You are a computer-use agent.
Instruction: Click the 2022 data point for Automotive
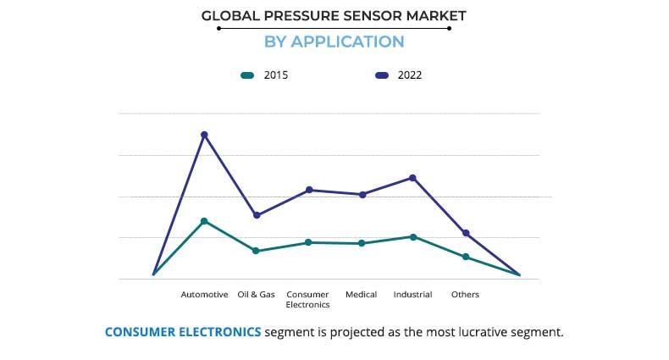point(204,135)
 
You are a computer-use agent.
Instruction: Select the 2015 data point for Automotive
point(204,221)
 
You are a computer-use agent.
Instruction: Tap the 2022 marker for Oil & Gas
point(257,215)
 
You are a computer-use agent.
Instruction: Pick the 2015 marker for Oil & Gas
point(257,251)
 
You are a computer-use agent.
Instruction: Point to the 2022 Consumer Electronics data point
point(309,190)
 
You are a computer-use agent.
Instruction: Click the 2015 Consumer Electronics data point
point(309,242)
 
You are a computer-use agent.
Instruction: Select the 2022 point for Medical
point(362,195)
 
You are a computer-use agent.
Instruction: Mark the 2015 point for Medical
point(362,243)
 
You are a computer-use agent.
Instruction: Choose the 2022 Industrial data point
point(413,178)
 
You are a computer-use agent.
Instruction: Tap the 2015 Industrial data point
point(413,237)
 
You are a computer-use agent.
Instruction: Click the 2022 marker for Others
point(466,233)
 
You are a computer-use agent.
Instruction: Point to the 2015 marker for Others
point(466,257)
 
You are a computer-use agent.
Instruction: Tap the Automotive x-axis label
point(204,295)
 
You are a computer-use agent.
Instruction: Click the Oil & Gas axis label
point(257,295)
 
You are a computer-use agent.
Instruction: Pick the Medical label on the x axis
point(362,295)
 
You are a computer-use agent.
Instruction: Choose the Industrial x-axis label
point(413,295)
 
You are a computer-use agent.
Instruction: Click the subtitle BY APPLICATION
point(334,42)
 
